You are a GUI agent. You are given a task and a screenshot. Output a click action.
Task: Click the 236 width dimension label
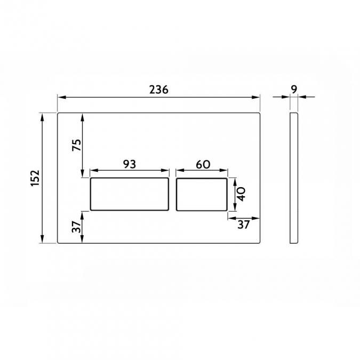158,90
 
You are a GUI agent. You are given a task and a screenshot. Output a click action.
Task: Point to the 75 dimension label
76,145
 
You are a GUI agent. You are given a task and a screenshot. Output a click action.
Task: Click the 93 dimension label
129,164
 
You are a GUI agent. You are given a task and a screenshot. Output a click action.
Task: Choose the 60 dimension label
202,164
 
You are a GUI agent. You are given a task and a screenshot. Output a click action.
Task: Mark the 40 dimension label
241,194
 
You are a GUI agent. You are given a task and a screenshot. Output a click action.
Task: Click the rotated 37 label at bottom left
76,227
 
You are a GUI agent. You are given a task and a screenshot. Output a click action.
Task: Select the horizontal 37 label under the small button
243,225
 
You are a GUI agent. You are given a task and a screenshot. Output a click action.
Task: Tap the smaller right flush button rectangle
202,194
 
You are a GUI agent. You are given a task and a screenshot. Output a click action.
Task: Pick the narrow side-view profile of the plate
294,178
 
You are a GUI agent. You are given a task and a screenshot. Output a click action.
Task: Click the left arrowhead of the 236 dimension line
60,97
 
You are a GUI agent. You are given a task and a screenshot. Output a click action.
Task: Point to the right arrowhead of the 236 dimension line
257,97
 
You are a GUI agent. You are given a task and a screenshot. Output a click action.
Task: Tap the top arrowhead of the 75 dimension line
83,115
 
